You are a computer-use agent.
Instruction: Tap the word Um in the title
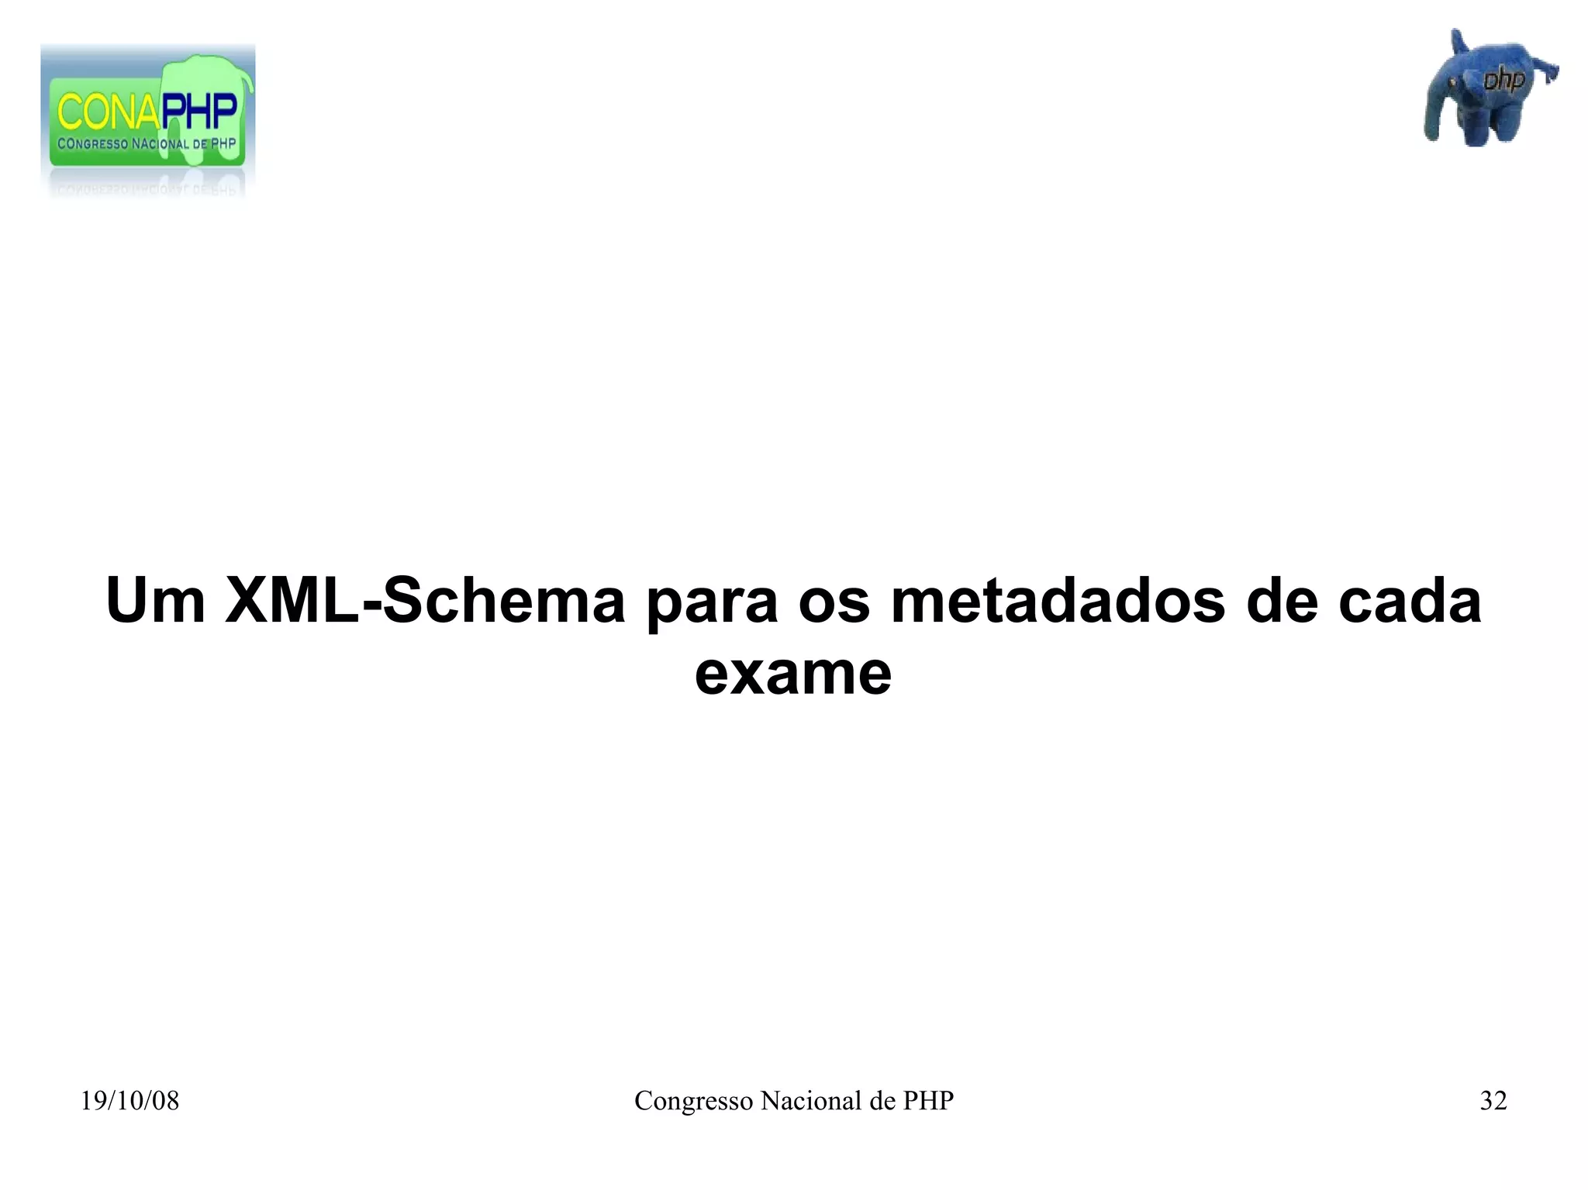(x=155, y=602)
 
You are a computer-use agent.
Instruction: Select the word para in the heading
(x=712, y=605)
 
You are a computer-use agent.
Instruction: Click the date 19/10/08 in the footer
(x=129, y=1101)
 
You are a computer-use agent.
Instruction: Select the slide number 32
(x=1493, y=1101)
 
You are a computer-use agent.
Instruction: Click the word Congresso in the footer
(x=693, y=1102)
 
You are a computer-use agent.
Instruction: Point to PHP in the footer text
(x=928, y=1101)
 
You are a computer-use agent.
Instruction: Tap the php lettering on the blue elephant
(x=1503, y=80)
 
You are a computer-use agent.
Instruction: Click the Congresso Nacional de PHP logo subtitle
(x=147, y=144)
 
